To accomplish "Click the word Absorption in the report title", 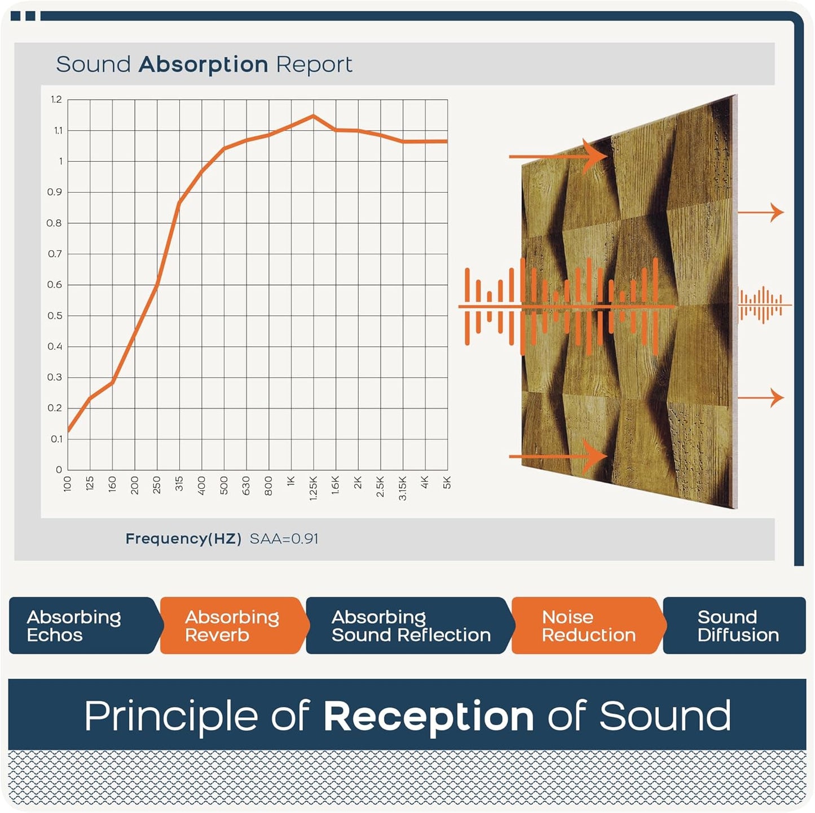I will tap(203, 65).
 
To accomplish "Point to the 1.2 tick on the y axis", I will tap(56, 100).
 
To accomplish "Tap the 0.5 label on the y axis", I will tap(55, 316).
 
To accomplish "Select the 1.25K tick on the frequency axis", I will tap(314, 488).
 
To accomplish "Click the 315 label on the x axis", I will tap(179, 484).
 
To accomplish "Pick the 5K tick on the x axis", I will tap(447, 483).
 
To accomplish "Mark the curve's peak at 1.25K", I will tap(314, 116).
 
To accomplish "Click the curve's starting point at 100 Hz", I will tap(68, 431).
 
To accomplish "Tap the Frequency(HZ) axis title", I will tap(183, 539).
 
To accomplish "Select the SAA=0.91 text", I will tap(284, 539).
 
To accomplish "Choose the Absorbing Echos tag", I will tap(74, 626).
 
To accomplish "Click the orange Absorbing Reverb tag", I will tap(232, 626).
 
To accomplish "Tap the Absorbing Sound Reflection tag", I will tap(411, 626).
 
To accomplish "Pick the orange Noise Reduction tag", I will tap(588, 626).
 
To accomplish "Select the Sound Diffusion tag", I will tap(738, 626).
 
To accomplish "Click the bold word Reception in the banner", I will tap(429, 716).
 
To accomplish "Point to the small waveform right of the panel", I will tap(761, 305).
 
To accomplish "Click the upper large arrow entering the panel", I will tap(558, 156).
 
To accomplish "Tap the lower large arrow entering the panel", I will tap(558, 456).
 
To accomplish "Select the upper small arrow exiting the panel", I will tap(761, 213).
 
